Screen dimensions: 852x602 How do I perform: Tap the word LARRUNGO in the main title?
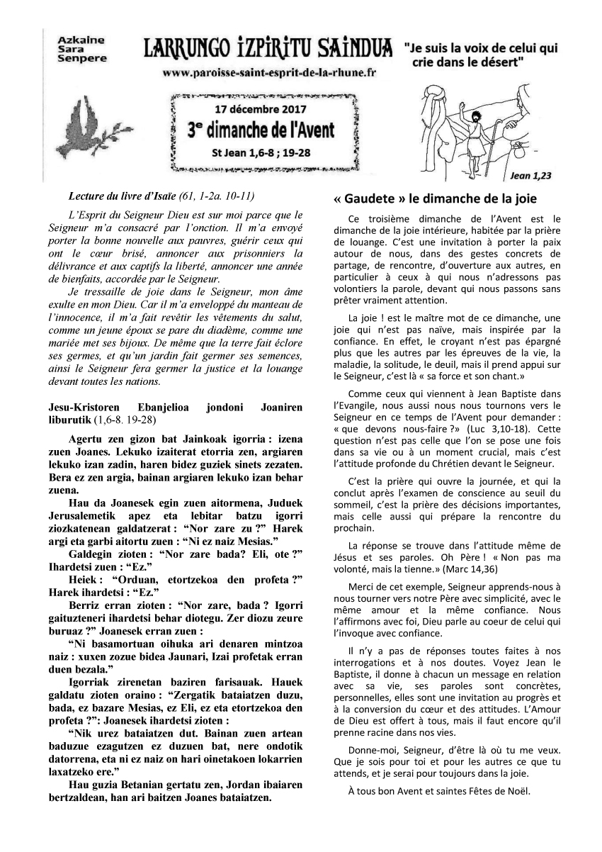click(180, 49)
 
